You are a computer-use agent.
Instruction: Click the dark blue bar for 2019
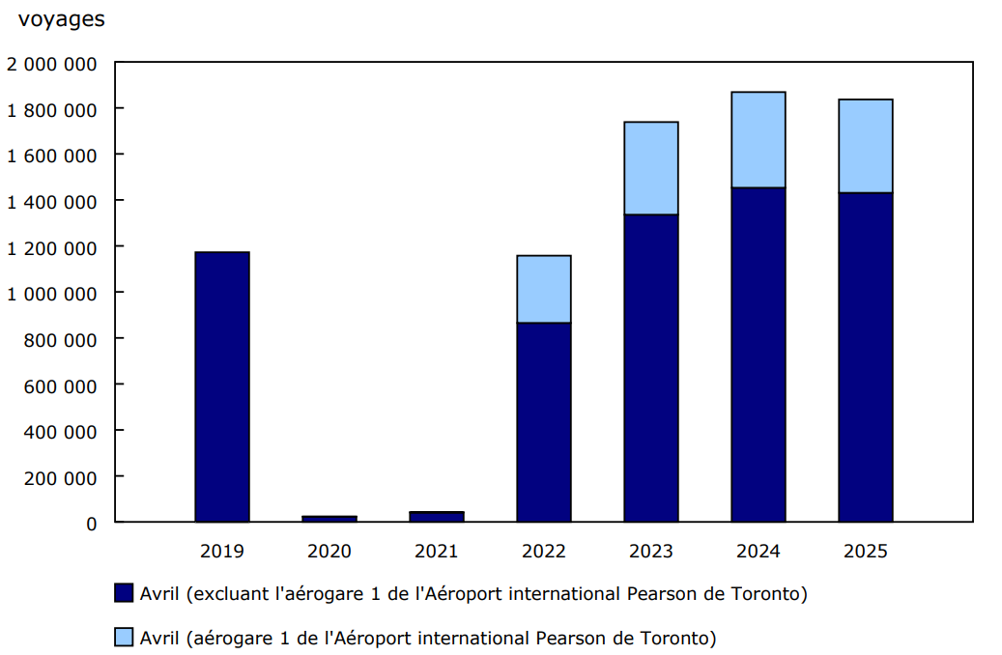222,386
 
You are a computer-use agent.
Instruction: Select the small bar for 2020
329,519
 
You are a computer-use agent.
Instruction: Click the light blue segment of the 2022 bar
544,289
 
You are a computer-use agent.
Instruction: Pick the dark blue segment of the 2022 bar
544,422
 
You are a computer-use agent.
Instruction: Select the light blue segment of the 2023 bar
651,168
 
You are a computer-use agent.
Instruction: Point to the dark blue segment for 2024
759,355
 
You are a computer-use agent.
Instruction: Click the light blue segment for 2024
759,140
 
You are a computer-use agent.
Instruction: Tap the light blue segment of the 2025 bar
866,146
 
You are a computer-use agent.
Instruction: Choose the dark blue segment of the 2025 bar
866,357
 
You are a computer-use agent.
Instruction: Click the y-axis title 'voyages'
62,19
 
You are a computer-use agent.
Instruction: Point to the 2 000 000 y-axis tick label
52,64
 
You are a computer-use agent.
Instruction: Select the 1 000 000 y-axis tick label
52,293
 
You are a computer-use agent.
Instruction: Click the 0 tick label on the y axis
92,524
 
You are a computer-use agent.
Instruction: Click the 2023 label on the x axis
651,552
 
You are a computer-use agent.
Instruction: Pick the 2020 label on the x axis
329,552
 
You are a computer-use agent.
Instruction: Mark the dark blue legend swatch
124,593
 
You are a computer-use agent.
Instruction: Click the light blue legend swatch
124,638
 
